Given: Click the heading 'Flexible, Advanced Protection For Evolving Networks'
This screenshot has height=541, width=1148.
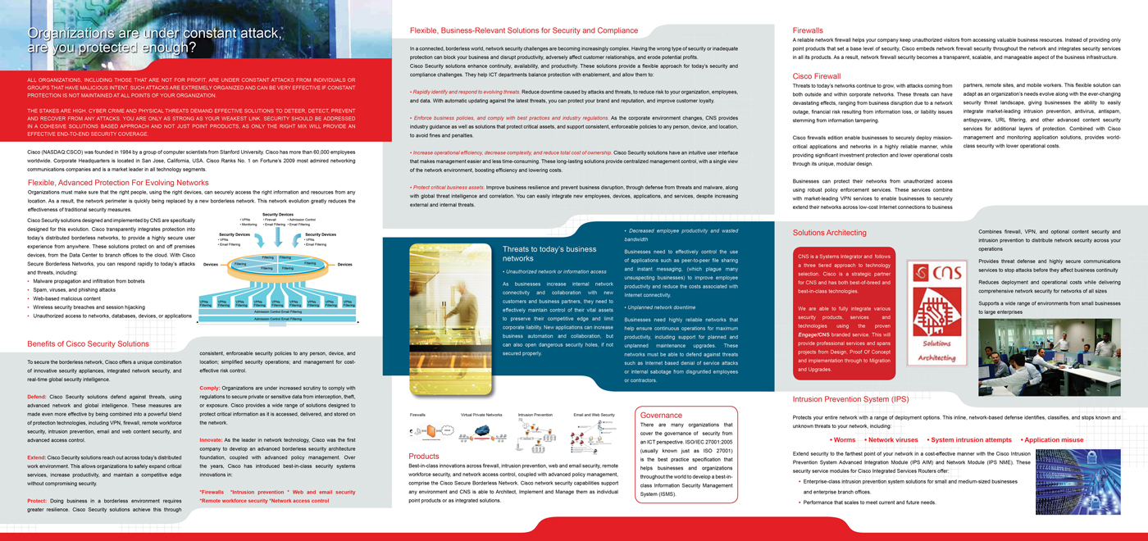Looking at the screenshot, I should [118, 183].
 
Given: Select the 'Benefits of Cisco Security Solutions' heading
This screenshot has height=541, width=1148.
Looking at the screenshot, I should [88, 344].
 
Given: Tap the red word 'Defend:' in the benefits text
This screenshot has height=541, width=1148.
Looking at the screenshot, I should [36, 397].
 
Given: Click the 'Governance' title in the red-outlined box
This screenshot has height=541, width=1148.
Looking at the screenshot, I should [661, 415].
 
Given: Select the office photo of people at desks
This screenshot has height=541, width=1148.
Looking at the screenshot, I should [1049, 357].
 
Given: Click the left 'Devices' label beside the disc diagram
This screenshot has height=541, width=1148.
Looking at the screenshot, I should [211, 265].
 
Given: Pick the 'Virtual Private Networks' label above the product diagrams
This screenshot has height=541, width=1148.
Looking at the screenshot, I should [481, 415].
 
